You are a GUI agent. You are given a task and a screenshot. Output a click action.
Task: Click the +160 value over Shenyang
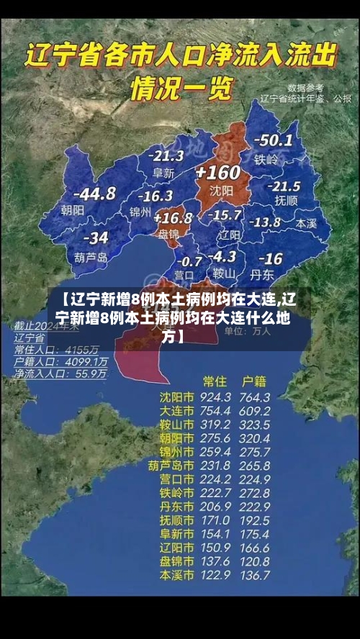tap(217, 173)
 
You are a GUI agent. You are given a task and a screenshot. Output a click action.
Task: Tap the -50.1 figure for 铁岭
tap(275, 140)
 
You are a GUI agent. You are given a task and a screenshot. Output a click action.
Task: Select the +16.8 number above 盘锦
tap(173, 217)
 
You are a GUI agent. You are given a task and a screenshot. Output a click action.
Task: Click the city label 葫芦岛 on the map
tap(91, 257)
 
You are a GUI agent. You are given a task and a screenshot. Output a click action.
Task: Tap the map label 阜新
tap(163, 173)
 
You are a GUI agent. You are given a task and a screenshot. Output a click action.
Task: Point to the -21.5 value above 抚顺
tap(284, 186)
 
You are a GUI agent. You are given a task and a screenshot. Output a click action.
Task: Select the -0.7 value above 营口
tap(189, 260)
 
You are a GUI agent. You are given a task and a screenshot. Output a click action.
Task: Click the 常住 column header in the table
tap(215, 379)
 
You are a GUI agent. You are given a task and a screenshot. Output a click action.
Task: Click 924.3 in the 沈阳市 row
tap(215, 397)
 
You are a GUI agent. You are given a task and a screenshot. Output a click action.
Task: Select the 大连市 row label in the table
tap(176, 411)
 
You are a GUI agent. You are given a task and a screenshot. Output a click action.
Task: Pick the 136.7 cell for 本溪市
tap(256, 575)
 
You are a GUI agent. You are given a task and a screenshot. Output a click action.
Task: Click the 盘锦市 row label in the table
tap(176, 561)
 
